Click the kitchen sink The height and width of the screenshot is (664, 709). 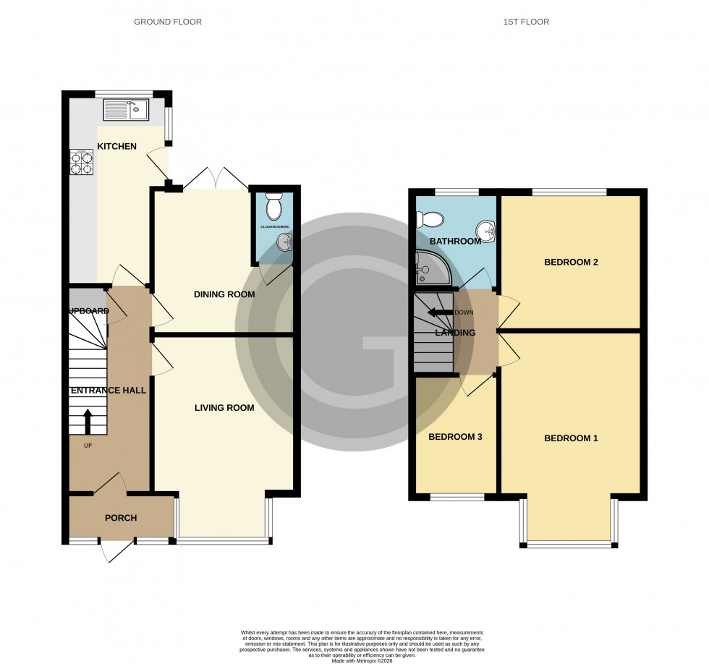(x=126, y=109)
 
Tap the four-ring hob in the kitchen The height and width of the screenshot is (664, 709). (x=81, y=162)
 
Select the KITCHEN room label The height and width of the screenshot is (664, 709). (x=117, y=146)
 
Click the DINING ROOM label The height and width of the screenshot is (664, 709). (x=224, y=294)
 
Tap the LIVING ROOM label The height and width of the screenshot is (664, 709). (x=224, y=408)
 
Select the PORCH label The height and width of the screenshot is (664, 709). (x=121, y=518)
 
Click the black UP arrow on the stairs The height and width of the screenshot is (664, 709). (x=88, y=420)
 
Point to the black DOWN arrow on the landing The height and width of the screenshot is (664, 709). (x=438, y=312)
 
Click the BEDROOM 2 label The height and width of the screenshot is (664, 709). (x=571, y=262)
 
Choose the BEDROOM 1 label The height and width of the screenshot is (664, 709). (x=571, y=438)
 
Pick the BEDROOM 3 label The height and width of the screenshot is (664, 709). (x=455, y=437)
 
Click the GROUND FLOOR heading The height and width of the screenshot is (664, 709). (x=168, y=22)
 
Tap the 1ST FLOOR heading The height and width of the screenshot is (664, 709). (x=526, y=22)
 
